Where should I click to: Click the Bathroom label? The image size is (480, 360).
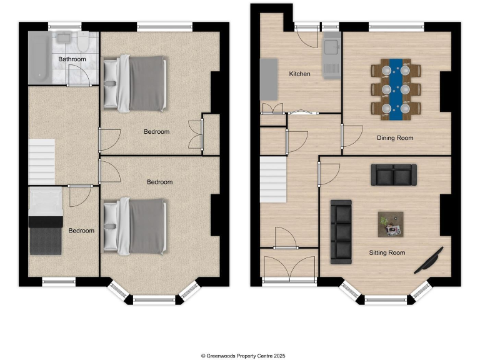72,59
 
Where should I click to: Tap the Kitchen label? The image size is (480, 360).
299,74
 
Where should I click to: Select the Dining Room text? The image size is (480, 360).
394,137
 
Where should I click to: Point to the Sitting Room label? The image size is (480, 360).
387,253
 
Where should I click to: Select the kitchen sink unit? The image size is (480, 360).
331,56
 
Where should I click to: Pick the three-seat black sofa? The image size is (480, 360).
341,231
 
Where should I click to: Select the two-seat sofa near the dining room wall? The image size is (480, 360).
394,175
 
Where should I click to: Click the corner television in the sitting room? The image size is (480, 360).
429,260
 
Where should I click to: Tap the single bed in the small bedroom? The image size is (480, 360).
46,222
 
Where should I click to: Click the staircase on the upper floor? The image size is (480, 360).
42,161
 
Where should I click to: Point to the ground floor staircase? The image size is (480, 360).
273,177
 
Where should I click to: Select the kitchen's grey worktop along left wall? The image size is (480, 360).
269,79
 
